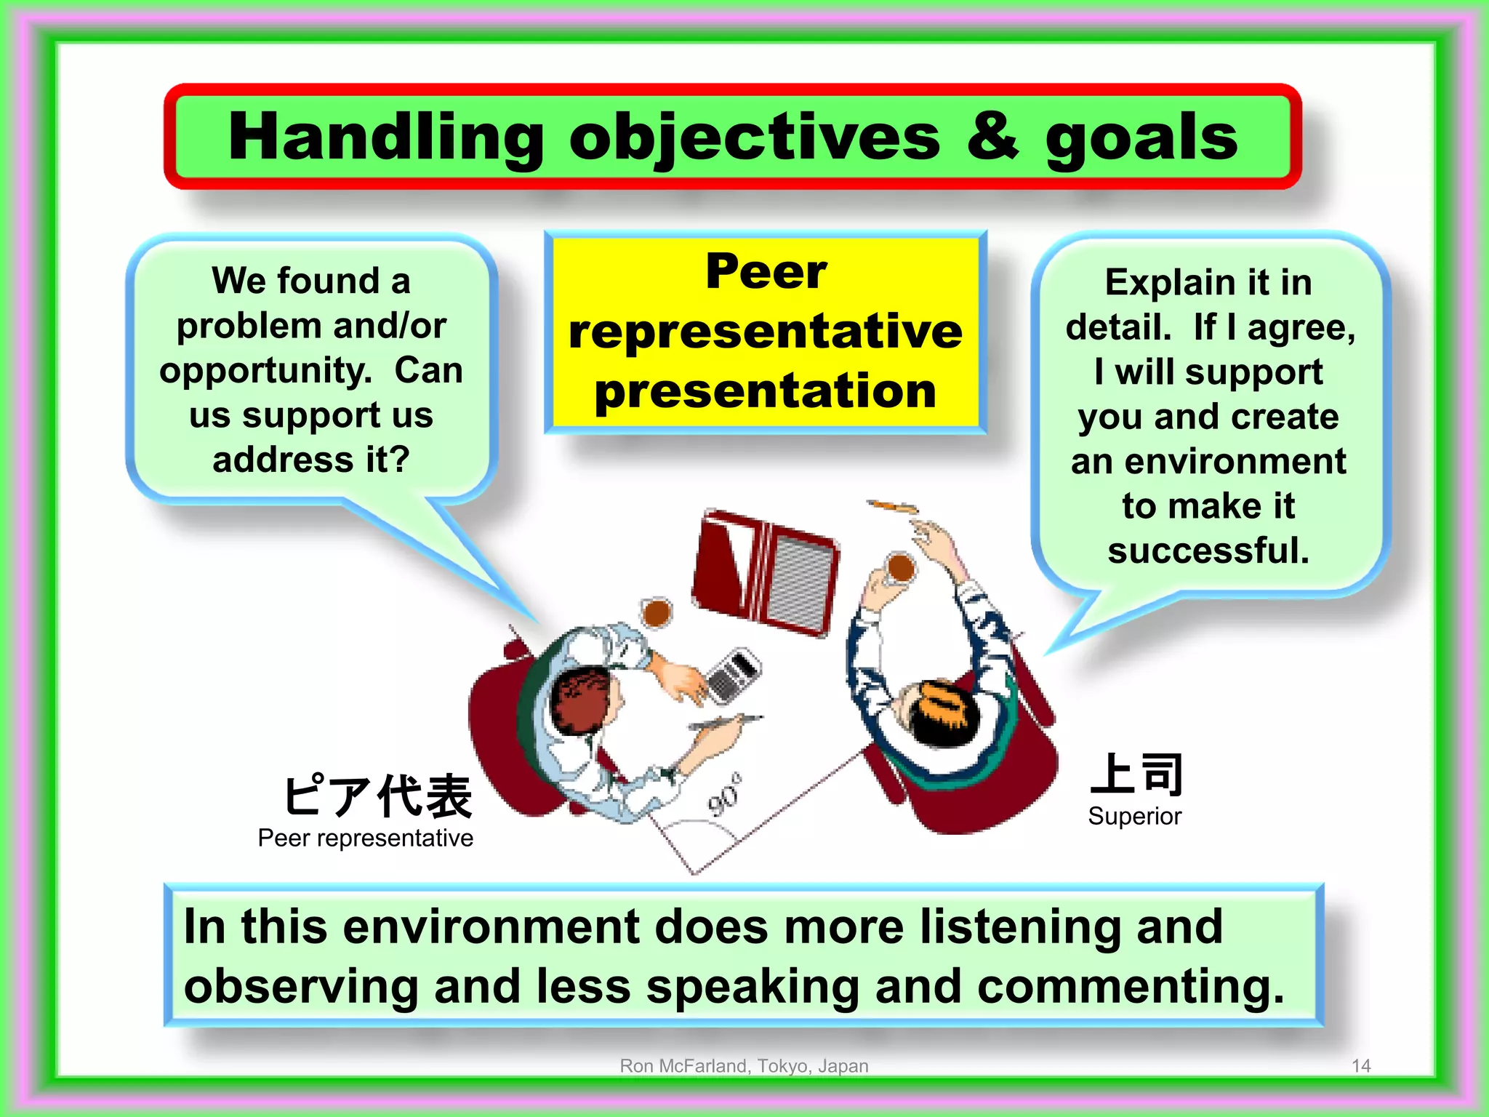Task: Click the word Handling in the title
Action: click(385, 138)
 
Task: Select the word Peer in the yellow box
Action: click(766, 271)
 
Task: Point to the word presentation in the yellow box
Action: click(766, 391)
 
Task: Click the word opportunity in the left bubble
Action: click(265, 372)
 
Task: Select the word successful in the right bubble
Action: click(1208, 551)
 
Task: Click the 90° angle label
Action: click(726, 796)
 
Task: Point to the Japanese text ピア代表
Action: click(377, 796)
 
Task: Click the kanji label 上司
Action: click(1136, 774)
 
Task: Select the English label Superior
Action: click(1134, 816)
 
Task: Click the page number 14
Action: click(1360, 1066)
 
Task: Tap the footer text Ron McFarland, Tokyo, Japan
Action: click(744, 1066)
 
